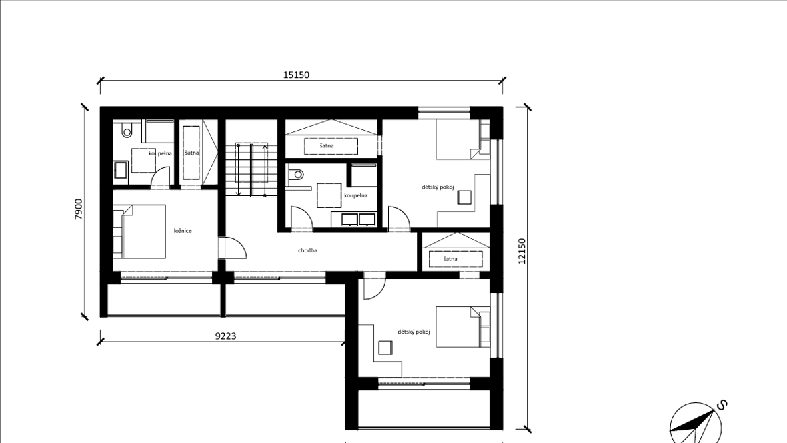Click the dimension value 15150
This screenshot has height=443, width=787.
click(x=296, y=75)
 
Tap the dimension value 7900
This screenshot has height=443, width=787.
click(x=78, y=209)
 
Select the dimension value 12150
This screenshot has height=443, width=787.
click(x=522, y=251)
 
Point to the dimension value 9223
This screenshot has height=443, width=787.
click(x=226, y=336)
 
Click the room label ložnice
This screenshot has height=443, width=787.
click(x=183, y=231)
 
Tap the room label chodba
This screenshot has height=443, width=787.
click(x=307, y=250)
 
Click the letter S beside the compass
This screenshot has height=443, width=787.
click(x=721, y=405)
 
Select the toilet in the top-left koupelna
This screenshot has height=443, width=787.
click(x=127, y=131)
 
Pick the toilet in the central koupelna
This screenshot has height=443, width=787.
click(x=297, y=174)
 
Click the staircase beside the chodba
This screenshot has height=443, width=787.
click(x=251, y=169)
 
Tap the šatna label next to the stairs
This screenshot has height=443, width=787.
click(x=191, y=153)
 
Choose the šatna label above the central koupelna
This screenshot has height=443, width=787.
click(x=326, y=145)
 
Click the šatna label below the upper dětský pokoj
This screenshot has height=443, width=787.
click(x=450, y=259)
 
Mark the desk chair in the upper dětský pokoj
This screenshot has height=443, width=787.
click(x=464, y=197)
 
